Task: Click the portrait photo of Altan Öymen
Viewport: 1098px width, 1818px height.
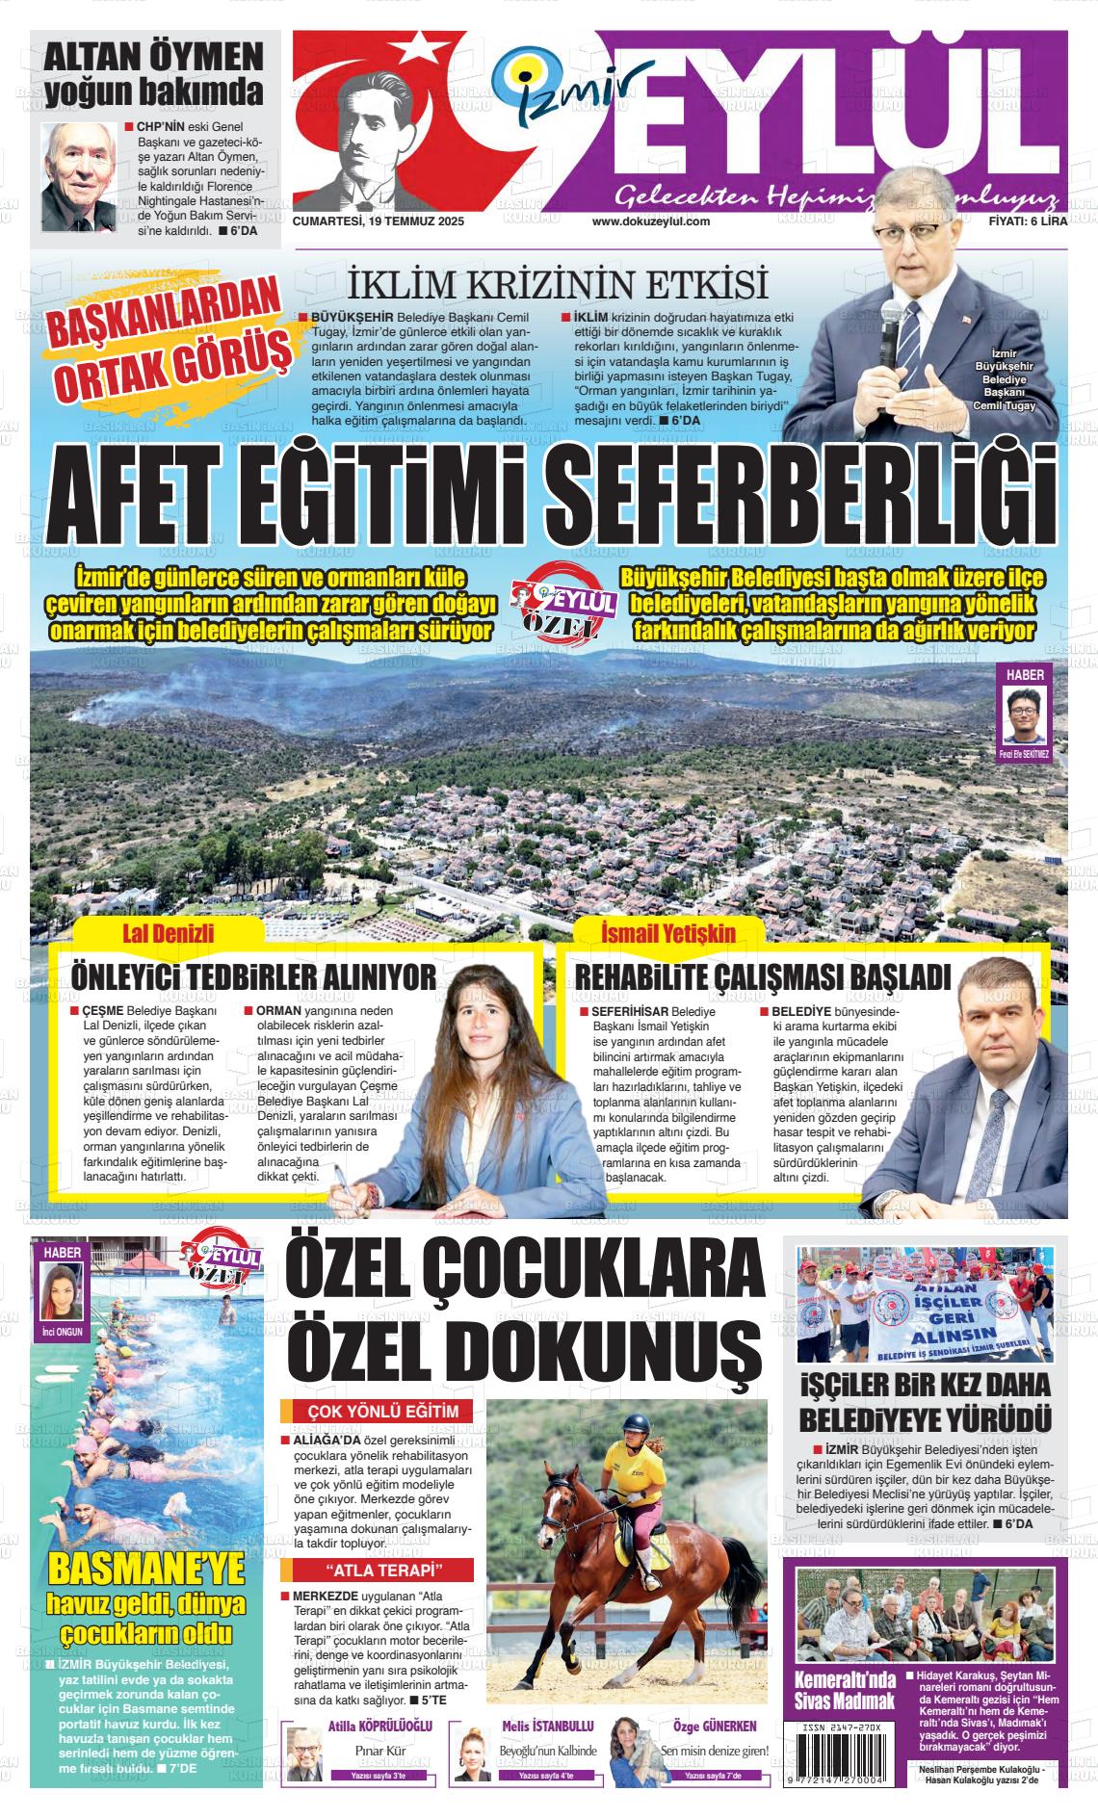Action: pyautogui.click(x=77, y=174)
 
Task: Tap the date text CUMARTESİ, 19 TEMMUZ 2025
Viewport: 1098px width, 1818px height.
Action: pyautogui.click(x=378, y=221)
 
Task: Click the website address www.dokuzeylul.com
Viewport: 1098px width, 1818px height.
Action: pyautogui.click(x=651, y=221)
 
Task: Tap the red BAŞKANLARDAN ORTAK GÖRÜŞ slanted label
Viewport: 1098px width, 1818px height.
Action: pyautogui.click(x=171, y=344)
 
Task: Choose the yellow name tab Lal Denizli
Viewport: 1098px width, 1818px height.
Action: pyautogui.click(x=169, y=933)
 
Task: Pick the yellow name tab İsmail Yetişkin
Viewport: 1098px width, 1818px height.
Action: pyautogui.click(x=667, y=933)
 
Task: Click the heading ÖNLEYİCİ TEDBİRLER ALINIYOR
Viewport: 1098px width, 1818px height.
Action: pyautogui.click(x=253, y=978)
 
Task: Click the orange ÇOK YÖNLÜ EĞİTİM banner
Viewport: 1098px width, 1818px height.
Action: pyautogui.click(x=377, y=1412)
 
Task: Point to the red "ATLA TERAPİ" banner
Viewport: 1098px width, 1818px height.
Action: pyautogui.click(x=377, y=1571)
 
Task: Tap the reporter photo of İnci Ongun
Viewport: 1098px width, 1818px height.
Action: pyautogui.click(x=63, y=1290)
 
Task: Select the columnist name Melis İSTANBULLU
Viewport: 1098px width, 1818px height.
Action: pyautogui.click(x=547, y=1727)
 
